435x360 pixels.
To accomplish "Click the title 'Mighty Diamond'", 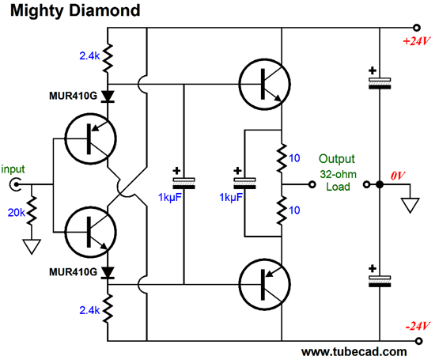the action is point(75,12).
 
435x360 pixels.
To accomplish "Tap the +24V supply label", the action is point(416,41).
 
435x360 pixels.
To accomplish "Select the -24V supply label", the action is point(418,326).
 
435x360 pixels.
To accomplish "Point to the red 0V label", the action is point(398,176).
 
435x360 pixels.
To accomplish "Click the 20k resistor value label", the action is point(17,213).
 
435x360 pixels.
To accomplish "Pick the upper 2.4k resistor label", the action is point(89,56).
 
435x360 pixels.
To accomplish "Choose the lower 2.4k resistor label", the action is point(89,310).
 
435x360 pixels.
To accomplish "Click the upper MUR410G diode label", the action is point(74,96).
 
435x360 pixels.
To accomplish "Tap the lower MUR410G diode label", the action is point(74,272).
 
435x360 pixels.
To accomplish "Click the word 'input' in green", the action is point(13,169).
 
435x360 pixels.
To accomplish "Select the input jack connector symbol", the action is point(15,184).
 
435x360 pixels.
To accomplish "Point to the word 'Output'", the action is point(336,159).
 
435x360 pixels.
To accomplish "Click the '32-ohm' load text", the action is point(338,174).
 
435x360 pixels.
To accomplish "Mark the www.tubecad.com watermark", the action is point(354,352).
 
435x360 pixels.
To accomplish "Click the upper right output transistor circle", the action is point(265,84).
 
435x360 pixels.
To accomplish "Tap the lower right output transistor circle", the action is point(265,284).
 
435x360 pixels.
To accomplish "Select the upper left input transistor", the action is point(91,138).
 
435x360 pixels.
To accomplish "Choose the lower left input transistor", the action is point(91,232).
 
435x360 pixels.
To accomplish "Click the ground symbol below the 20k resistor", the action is point(32,247).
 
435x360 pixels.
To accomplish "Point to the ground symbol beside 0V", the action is point(410,206).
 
